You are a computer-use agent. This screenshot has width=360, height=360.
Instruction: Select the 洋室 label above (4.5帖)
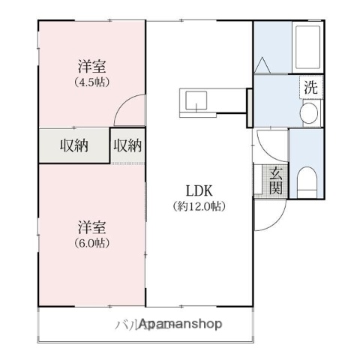[x=91, y=66]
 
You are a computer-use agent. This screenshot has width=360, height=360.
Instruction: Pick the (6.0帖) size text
[x=91, y=242]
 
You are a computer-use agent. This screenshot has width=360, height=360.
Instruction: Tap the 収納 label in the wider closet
[x=74, y=145]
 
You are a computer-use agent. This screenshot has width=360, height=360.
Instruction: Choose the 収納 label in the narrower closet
[x=127, y=145]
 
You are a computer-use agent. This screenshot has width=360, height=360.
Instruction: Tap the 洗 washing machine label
[x=310, y=86]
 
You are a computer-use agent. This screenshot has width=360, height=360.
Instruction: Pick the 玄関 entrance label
[x=275, y=181]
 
